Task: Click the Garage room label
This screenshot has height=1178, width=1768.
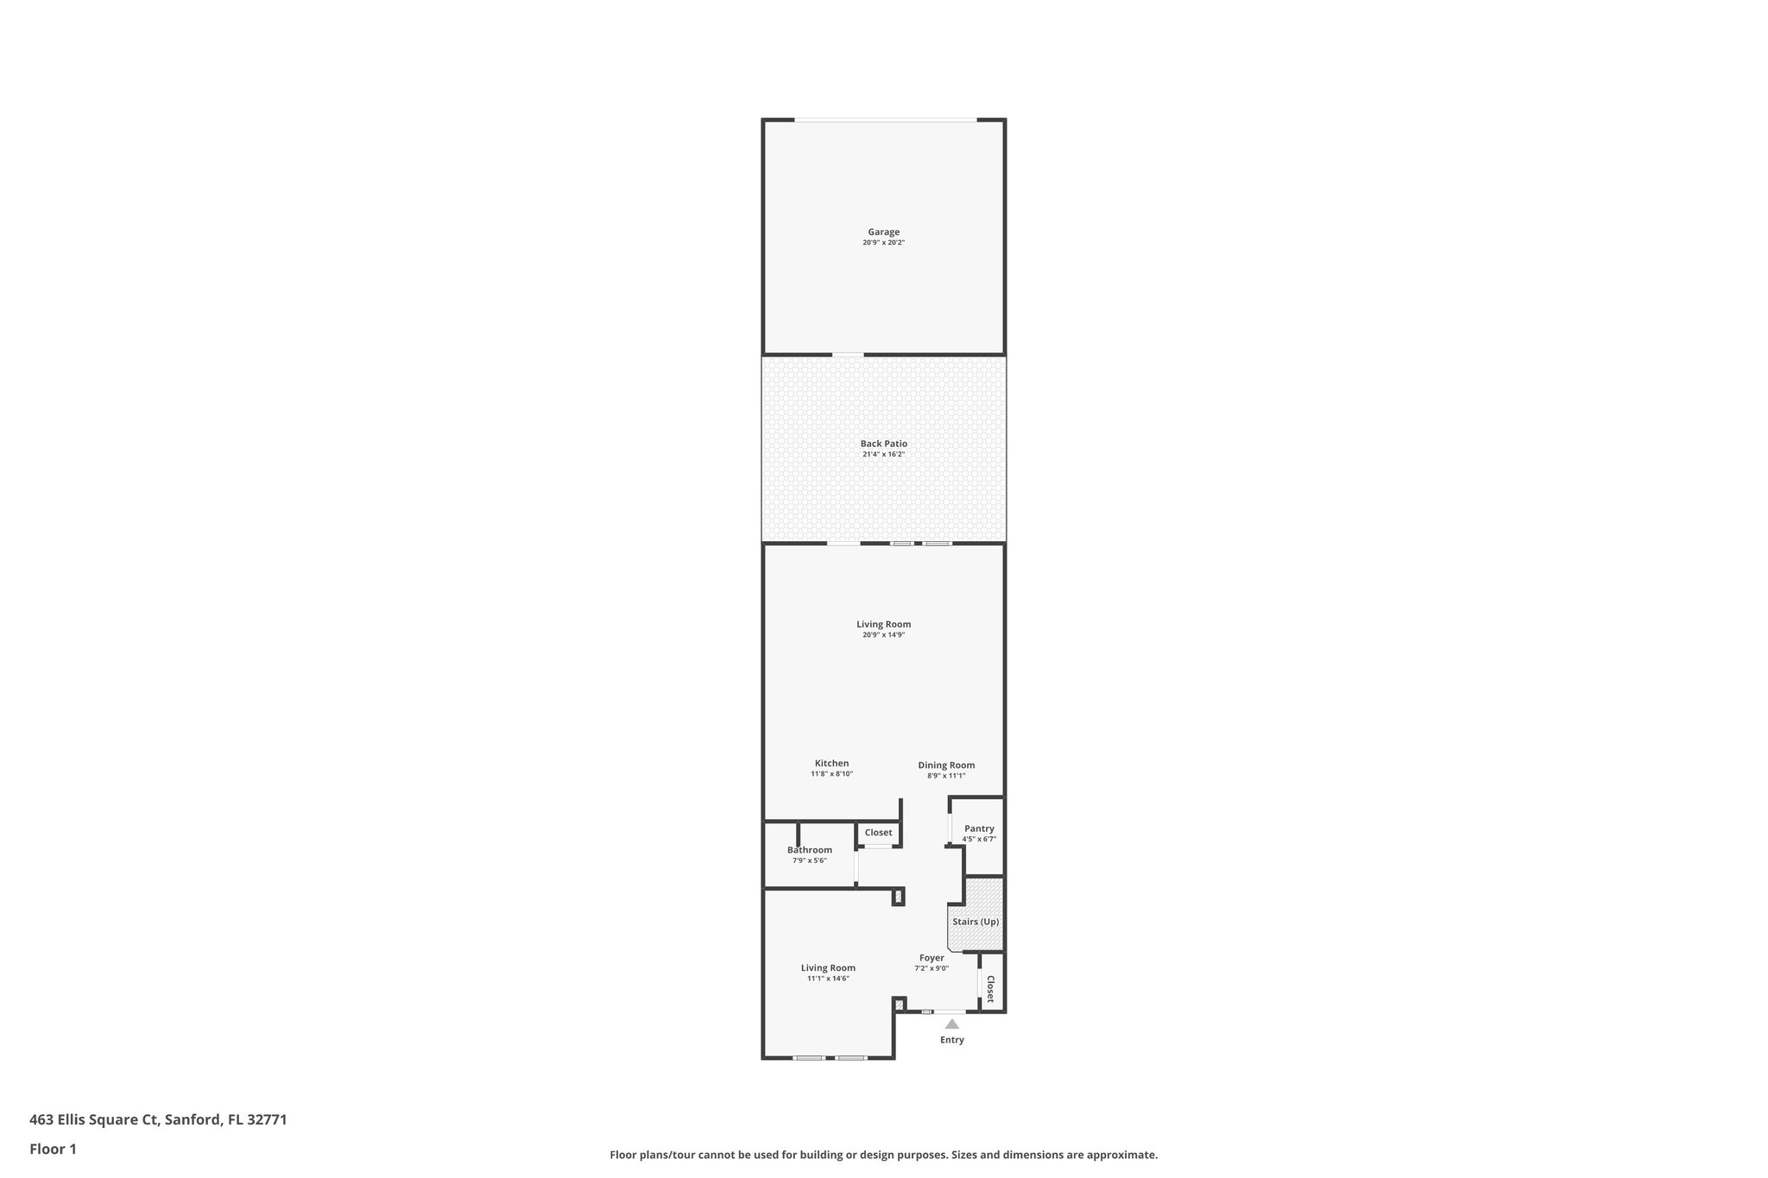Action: click(883, 231)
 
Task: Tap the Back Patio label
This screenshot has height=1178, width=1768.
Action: click(883, 444)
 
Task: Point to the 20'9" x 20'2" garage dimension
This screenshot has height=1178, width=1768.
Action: click(883, 243)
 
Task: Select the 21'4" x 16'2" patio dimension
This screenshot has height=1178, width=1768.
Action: click(883, 454)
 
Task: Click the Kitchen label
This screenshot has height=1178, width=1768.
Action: click(831, 763)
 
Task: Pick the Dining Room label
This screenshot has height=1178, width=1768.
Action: click(946, 765)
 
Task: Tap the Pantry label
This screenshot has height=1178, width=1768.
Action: click(979, 828)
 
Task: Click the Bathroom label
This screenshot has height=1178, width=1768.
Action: click(809, 850)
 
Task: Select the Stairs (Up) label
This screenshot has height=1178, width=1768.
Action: click(976, 922)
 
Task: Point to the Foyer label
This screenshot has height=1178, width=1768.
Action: click(931, 958)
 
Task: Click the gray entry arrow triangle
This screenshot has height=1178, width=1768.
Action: click(951, 1024)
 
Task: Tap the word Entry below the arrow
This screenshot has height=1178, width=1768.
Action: click(951, 1040)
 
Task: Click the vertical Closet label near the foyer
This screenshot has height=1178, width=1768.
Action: click(990, 989)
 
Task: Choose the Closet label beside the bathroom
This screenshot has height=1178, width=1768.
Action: click(878, 833)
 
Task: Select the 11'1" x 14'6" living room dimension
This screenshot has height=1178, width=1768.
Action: click(828, 979)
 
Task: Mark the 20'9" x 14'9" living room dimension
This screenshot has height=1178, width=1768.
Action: click(883, 634)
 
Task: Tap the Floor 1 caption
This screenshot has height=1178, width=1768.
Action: click(53, 1150)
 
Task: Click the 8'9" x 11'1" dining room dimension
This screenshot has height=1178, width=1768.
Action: click(946, 776)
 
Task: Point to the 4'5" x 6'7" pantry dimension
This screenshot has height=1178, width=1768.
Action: click(979, 839)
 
